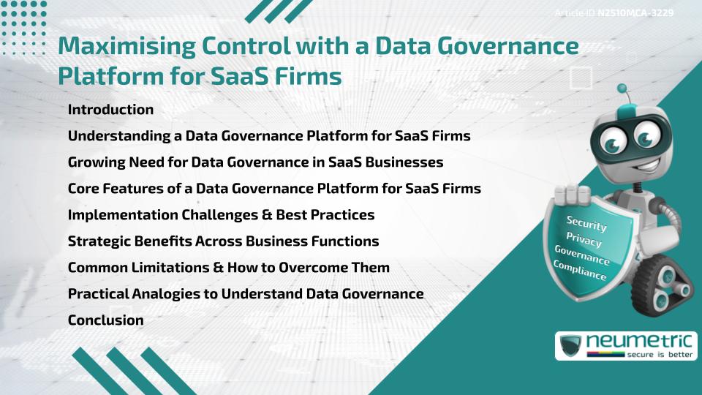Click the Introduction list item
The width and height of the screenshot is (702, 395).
[x=110, y=110]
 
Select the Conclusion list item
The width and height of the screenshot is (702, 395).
[x=105, y=320]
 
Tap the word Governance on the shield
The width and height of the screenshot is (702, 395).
[x=582, y=255]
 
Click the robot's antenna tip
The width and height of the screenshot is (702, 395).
[x=623, y=89]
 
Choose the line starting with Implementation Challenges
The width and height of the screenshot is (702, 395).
[x=221, y=215]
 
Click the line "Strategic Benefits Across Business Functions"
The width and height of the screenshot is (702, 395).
[x=223, y=241]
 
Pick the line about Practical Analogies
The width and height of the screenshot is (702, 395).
[x=246, y=294]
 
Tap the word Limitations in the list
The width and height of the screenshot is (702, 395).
[x=161, y=268]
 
